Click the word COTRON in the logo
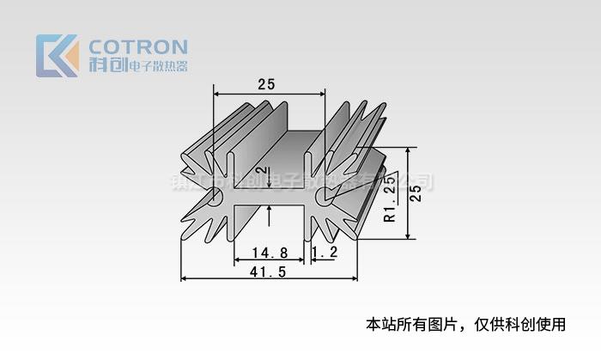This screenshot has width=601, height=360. coord(138,46)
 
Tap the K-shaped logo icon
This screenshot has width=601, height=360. coord(57,56)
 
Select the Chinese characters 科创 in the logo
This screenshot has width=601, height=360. coord(106,65)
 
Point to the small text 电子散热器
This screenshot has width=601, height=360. coord(157,66)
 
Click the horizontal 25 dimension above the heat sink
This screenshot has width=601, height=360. coord(266,84)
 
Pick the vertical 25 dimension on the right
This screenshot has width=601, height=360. coord(416,192)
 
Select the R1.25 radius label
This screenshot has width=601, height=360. coord(390,198)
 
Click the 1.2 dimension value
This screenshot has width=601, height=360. coord(325,253)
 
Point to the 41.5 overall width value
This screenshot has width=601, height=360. coord(268,272)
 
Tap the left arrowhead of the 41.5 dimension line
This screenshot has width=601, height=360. coord(185,279)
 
